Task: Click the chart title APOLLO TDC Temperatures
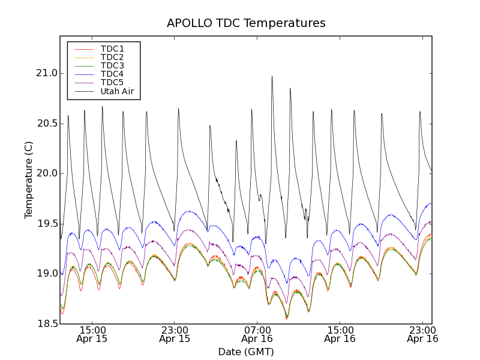coord(246,23)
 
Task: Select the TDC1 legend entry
coord(112,49)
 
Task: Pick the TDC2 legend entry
coord(112,57)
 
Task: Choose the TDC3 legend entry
coord(112,65)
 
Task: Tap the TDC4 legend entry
coord(112,74)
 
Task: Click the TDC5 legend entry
coord(112,82)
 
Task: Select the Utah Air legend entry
coord(117,91)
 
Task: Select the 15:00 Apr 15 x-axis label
coord(92,334)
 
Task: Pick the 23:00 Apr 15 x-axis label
coord(175,334)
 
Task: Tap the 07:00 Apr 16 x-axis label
coord(257,334)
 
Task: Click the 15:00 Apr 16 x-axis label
coord(340,334)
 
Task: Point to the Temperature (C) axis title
coord(29,180)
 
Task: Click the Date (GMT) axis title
coord(246,352)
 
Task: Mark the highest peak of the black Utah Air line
coord(272,76)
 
